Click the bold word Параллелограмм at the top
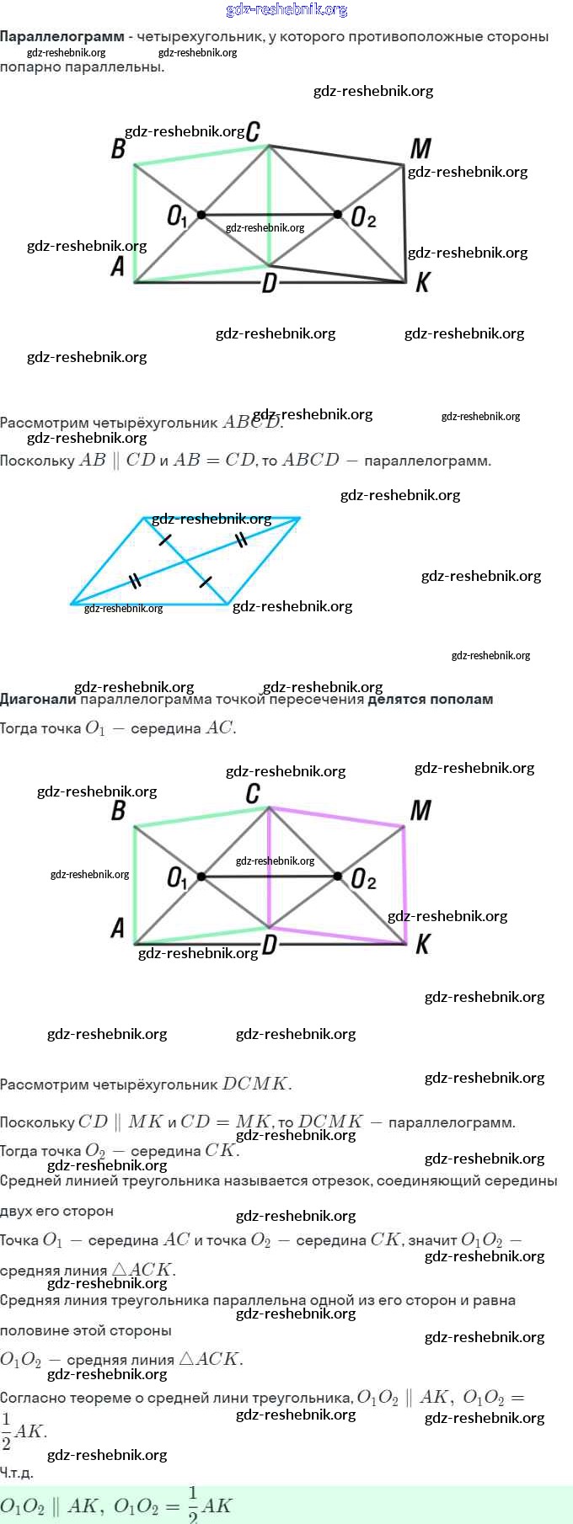[x=62, y=37]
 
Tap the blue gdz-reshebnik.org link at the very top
[x=286, y=10]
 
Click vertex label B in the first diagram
[x=118, y=149]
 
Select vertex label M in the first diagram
[x=420, y=149]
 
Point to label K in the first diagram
[x=422, y=282]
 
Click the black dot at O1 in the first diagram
[x=201, y=215]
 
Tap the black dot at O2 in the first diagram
[x=338, y=214]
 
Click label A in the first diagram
[x=118, y=266]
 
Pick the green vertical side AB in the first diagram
[x=135, y=223]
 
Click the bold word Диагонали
[x=38, y=699]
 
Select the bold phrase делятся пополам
[x=430, y=699]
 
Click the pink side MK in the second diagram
[x=405, y=884]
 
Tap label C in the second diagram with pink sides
[x=253, y=793]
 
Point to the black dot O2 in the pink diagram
[x=338, y=877]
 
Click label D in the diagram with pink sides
[x=269, y=944]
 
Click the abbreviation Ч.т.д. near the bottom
[x=17, y=1473]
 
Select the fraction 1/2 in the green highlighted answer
[x=193, y=1505]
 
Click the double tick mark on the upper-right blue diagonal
[x=242, y=539]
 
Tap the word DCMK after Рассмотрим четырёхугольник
[x=256, y=1084]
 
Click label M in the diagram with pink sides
[x=420, y=811]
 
